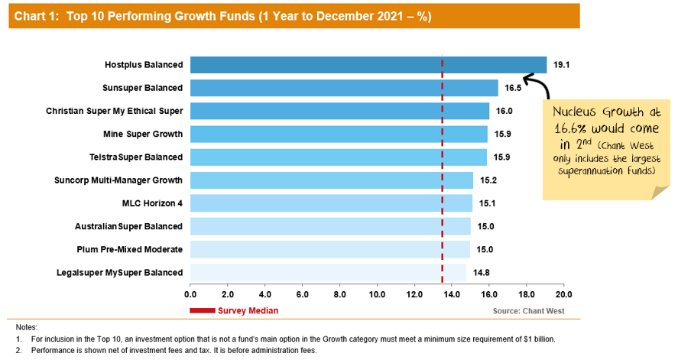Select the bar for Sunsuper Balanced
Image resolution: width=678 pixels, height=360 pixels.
[x=344, y=88]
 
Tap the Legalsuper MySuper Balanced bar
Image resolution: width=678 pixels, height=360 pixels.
[x=328, y=272]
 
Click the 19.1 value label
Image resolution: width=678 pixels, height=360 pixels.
[x=562, y=65]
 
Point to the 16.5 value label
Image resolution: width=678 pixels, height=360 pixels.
[x=513, y=88]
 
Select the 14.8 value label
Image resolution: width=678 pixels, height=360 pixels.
[x=481, y=272]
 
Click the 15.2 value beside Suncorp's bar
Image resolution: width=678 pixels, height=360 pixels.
[x=488, y=180]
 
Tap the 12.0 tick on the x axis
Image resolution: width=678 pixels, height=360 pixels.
[x=414, y=294]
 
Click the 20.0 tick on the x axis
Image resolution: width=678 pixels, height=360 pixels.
[x=563, y=294]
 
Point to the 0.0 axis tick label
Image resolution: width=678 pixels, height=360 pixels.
[x=190, y=294]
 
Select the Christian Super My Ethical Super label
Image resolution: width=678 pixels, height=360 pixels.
[x=114, y=111]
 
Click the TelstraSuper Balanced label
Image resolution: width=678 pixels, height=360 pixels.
[x=136, y=157]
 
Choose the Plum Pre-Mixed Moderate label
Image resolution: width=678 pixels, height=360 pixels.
[x=130, y=249]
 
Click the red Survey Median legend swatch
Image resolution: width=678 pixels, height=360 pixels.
[x=202, y=310]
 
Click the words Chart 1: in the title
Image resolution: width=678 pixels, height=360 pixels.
[x=37, y=16]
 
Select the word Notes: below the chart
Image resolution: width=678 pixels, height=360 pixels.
[x=25, y=326]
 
